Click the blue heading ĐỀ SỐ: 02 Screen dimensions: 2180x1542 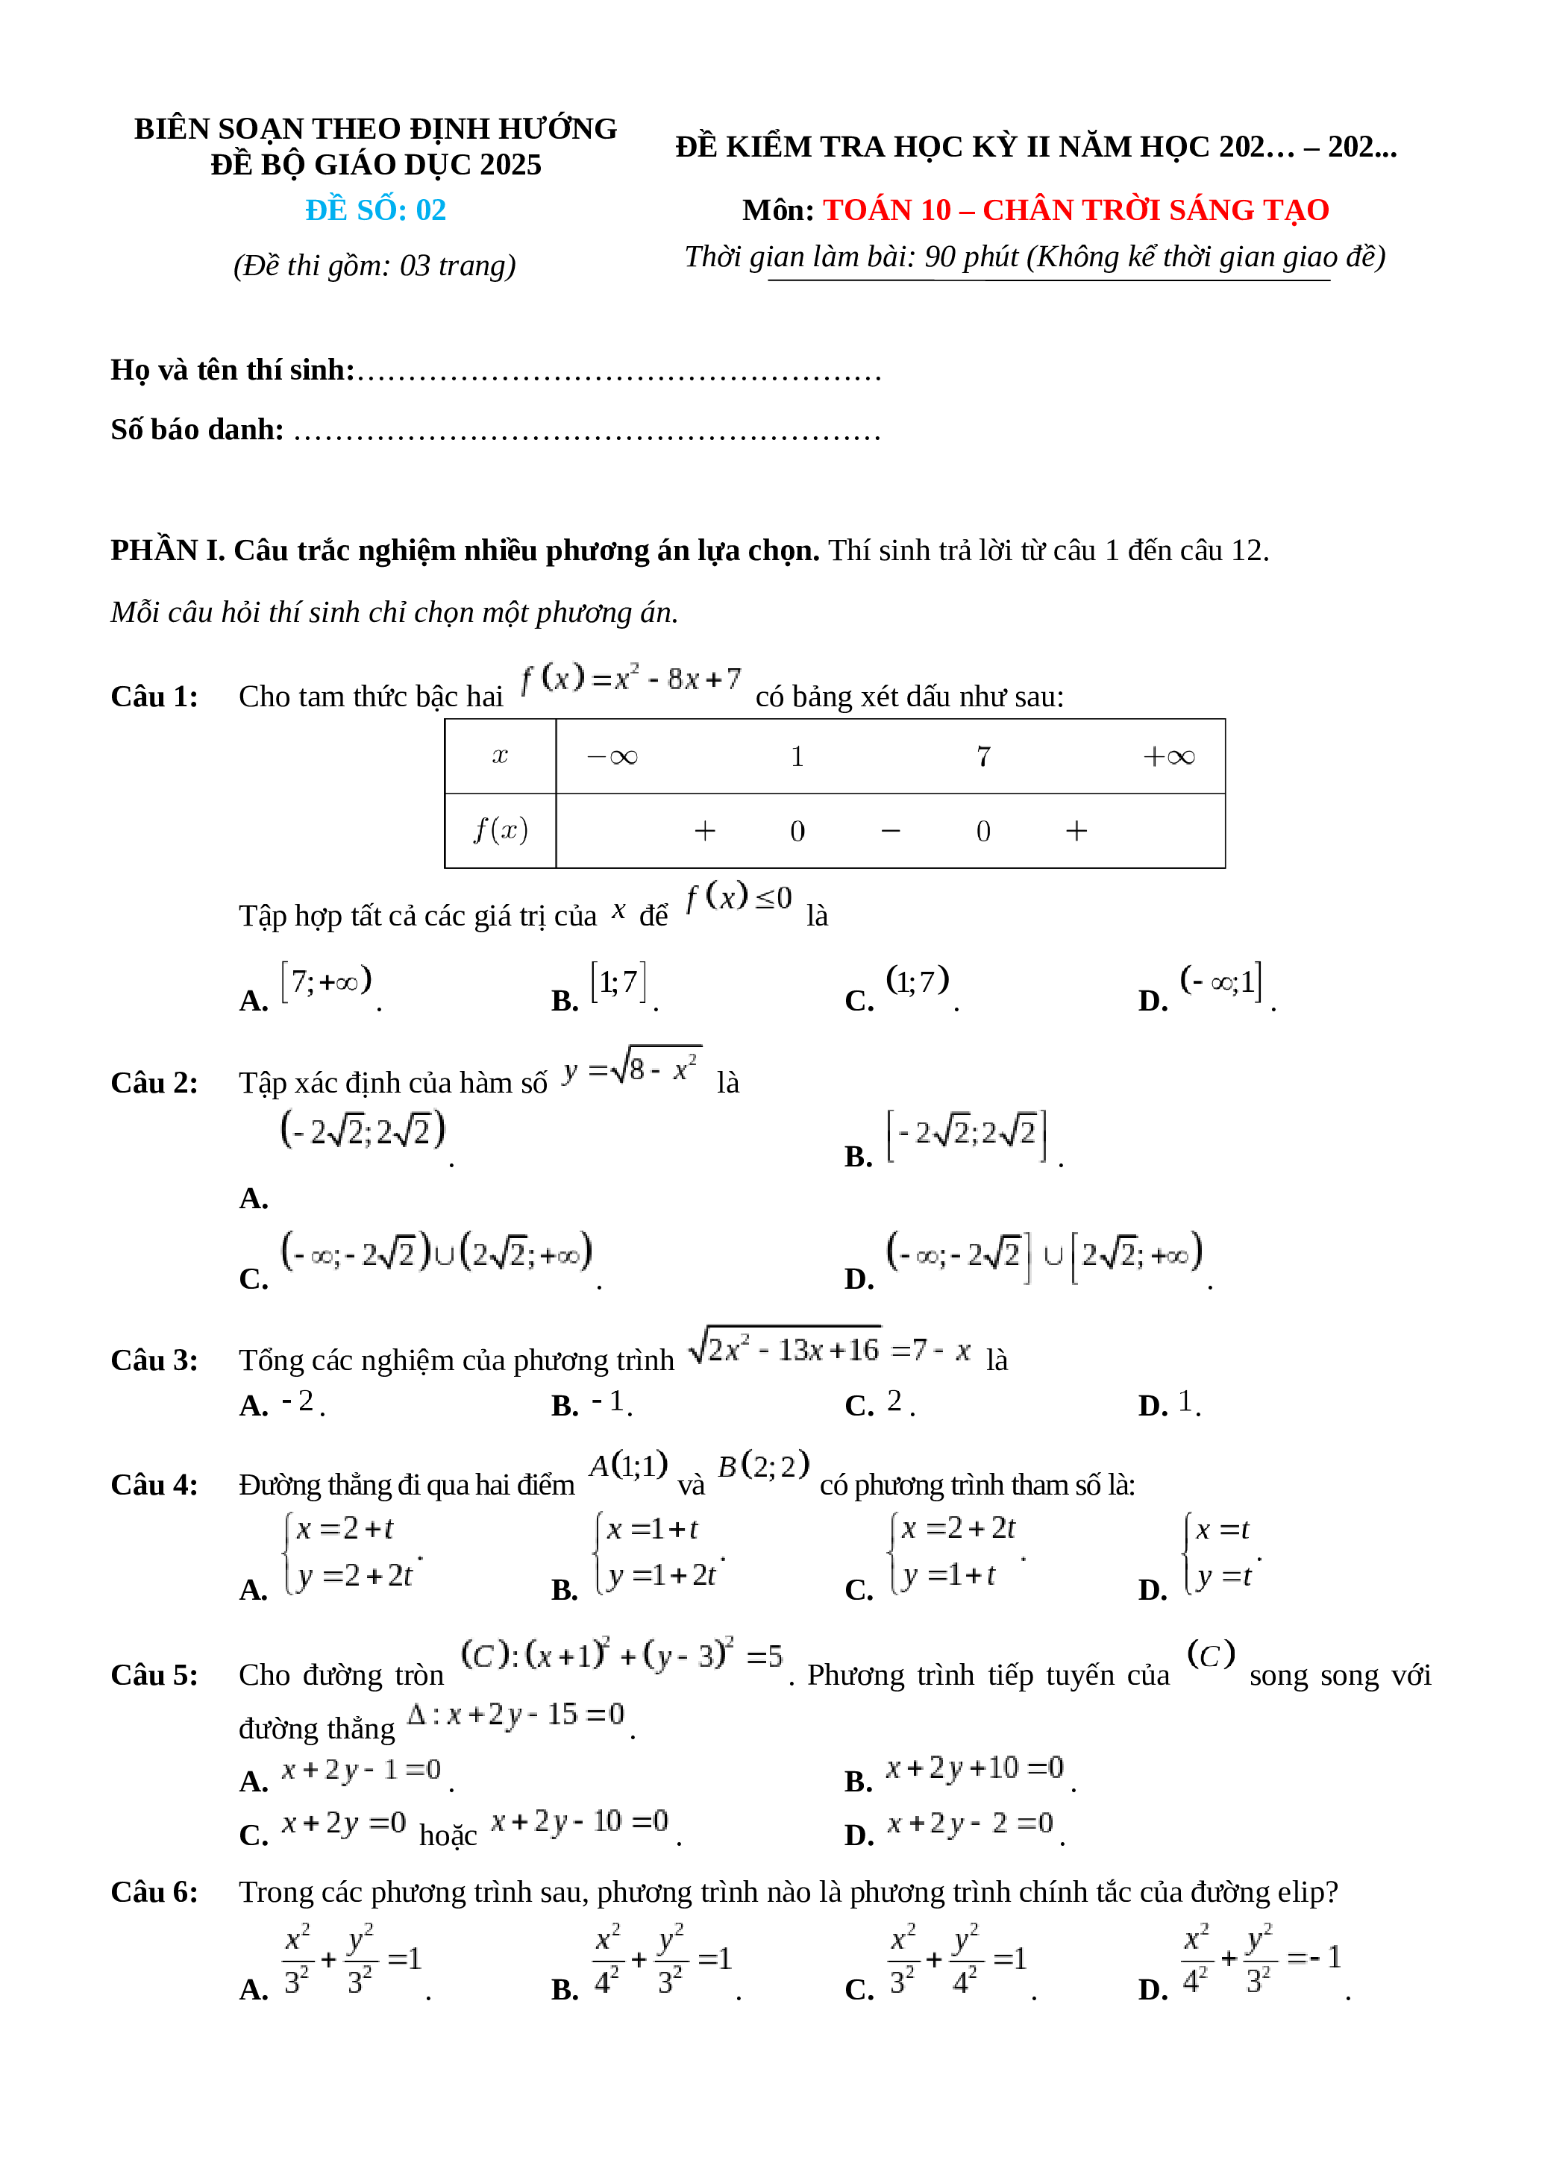pos(375,210)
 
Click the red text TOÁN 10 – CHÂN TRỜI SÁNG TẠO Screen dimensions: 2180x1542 pos(1075,210)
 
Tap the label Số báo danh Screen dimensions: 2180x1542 pos(196,430)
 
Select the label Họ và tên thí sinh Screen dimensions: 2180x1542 pos(232,371)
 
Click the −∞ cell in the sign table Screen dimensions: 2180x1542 pos(612,757)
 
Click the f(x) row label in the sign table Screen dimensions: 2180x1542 pos(501,831)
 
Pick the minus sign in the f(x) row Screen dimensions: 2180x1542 pos(890,832)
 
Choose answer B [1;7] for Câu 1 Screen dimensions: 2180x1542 pos(618,983)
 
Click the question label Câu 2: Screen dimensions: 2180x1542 pos(154,1084)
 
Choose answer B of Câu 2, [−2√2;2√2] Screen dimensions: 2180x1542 pos(965,1136)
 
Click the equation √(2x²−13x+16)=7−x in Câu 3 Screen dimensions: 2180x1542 pos(829,1350)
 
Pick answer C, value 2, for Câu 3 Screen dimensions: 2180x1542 pos(894,1401)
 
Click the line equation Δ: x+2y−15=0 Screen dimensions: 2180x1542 pos(516,1715)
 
